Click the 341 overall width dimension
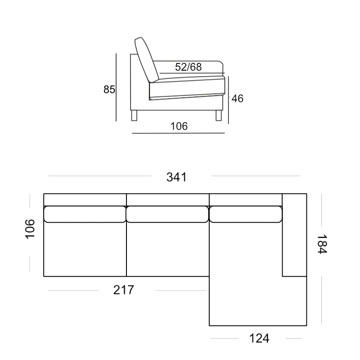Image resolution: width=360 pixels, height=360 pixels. [176, 177]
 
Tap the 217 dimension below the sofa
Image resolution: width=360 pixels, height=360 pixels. [123, 290]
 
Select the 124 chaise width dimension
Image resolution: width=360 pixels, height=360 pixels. [259, 338]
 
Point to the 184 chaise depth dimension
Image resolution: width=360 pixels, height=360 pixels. [322, 244]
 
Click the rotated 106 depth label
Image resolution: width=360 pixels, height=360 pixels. [30, 229]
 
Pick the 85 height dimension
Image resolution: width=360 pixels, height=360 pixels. [109, 90]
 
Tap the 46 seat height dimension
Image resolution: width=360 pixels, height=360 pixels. [238, 99]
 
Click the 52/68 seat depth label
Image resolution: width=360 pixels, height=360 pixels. [188, 67]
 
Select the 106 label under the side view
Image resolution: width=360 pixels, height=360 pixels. [179, 126]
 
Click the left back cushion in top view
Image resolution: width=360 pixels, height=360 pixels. [85, 214]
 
